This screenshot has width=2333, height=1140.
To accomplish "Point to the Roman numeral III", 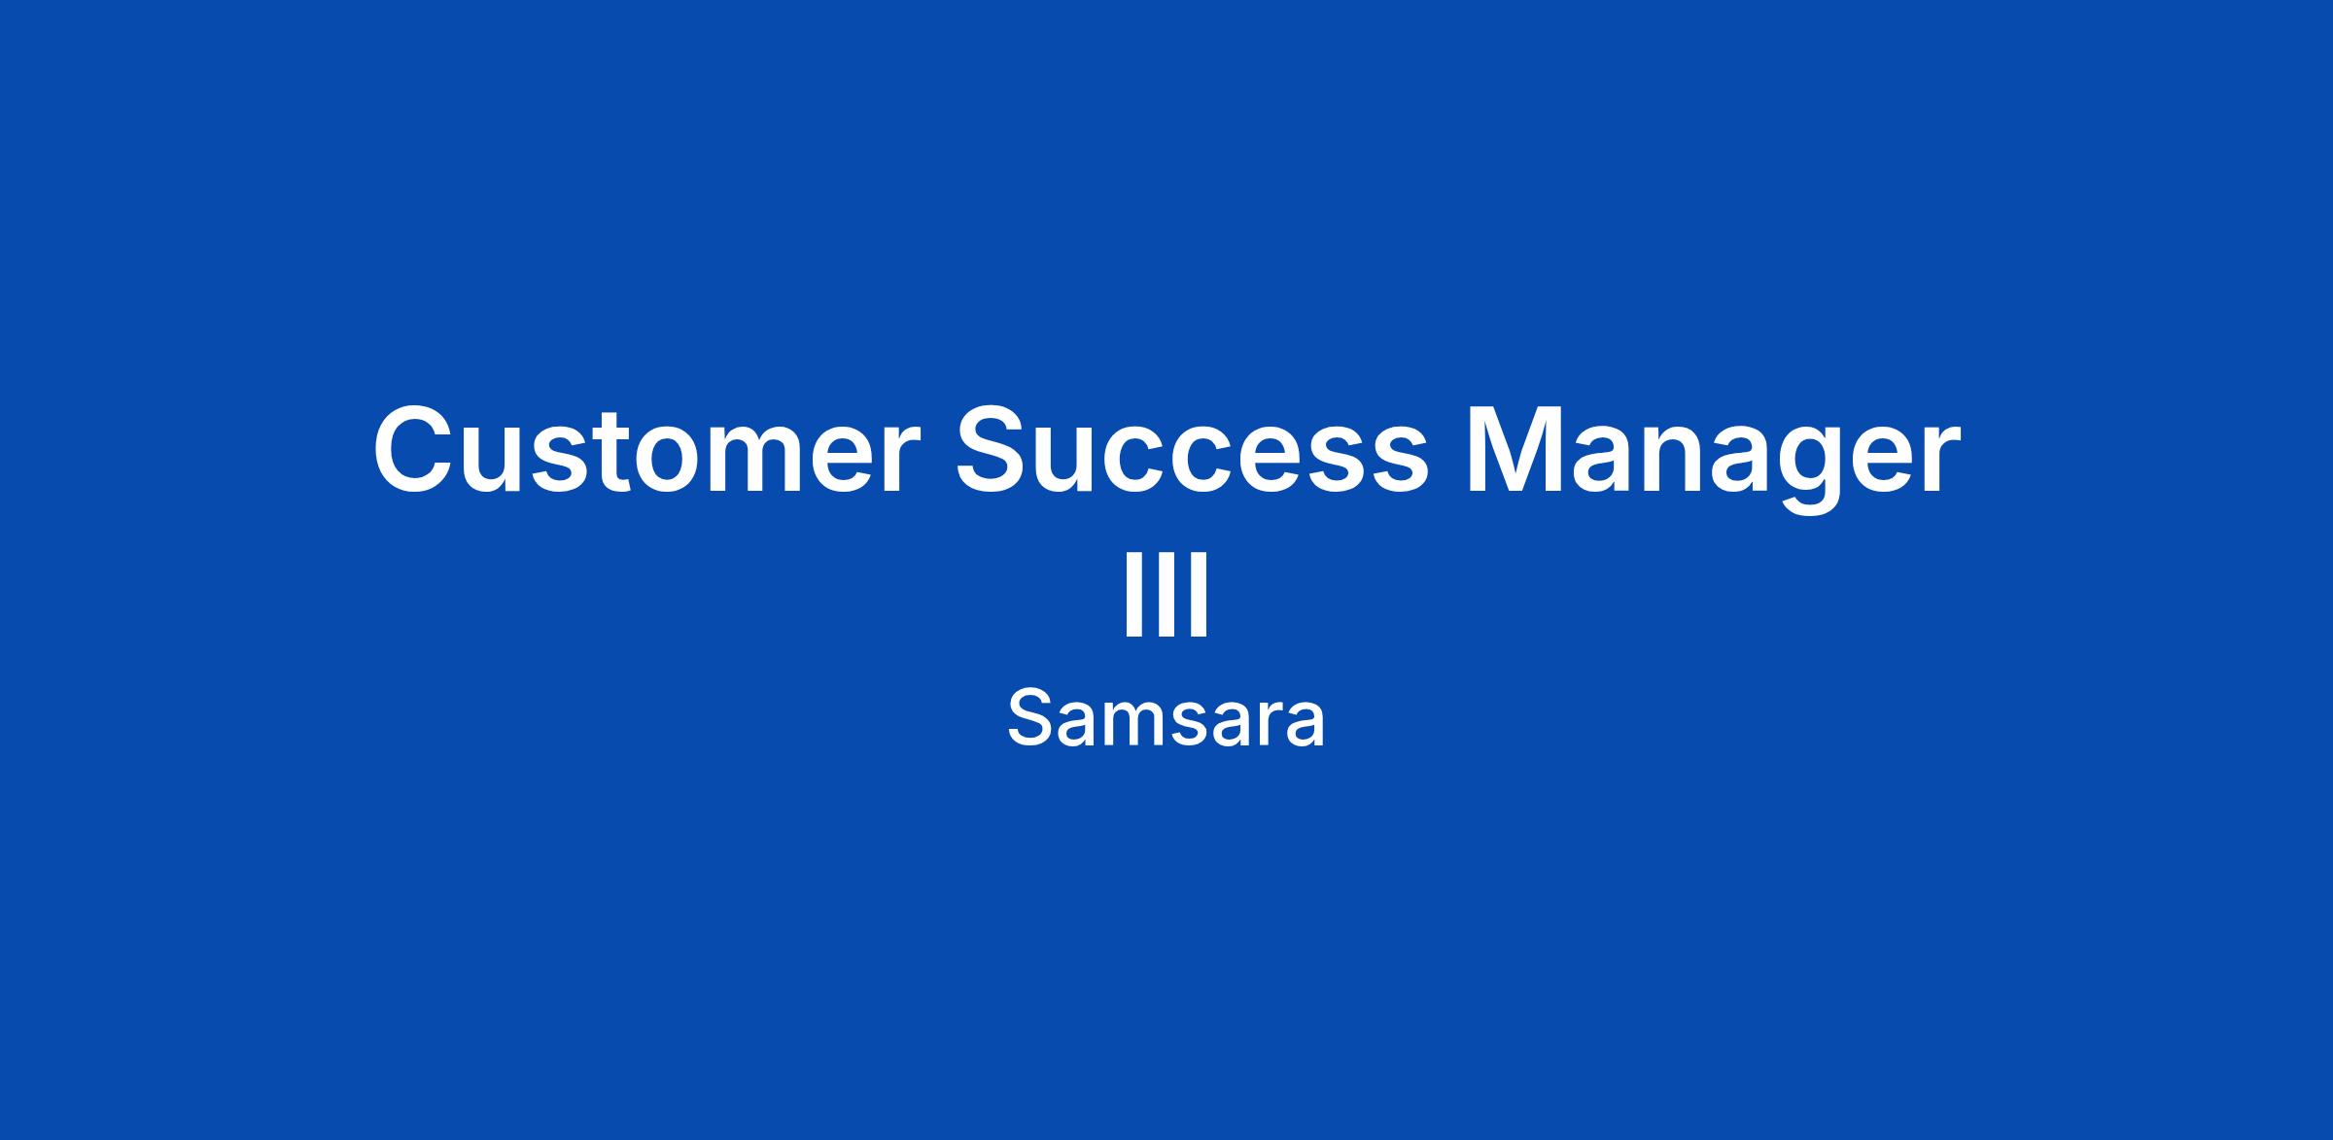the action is point(1166,594).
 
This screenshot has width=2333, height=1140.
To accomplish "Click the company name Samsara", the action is point(1166,719).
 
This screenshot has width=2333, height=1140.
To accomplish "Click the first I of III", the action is point(1133,594).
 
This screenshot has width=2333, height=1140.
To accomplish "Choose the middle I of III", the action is point(1166,594).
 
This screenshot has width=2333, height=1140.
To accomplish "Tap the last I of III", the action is point(1200,594).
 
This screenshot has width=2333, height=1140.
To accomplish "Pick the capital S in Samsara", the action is point(1031,718).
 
